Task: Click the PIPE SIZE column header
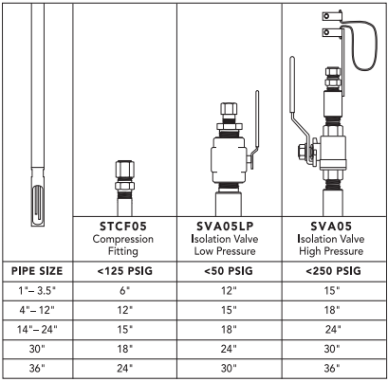pos(37,271)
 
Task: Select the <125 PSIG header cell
pos(124,271)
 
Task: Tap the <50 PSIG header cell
pos(229,271)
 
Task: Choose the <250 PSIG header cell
pos(333,271)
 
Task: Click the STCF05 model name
pos(123,227)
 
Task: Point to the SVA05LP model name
pos(225,227)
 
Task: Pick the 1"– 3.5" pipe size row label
pos(37,291)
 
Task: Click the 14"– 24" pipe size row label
pos(37,330)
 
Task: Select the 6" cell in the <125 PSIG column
pos(125,291)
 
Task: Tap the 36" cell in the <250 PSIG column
pos(332,368)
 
